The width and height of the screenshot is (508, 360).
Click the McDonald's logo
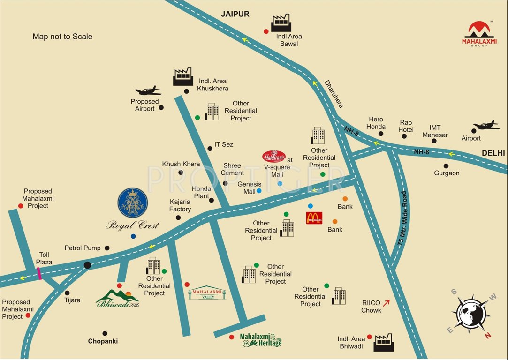(314, 218)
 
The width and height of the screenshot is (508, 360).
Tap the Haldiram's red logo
(274, 156)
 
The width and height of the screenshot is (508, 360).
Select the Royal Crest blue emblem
(132, 203)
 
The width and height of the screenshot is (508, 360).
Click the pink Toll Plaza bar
(39, 273)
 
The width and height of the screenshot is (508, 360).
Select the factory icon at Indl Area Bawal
(281, 23)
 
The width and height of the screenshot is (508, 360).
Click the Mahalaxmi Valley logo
(207, 293)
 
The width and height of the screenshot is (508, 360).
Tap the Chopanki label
(103, 341)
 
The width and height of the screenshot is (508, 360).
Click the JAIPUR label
(235, 14)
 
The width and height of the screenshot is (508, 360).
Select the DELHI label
(493, 153)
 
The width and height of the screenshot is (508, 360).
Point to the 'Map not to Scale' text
(62, 37)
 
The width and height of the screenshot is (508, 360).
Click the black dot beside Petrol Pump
(107, 248)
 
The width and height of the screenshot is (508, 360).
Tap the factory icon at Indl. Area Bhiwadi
(384, 343)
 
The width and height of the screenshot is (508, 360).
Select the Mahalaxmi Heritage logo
(260, 340)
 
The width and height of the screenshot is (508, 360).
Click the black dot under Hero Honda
(381, 134)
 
